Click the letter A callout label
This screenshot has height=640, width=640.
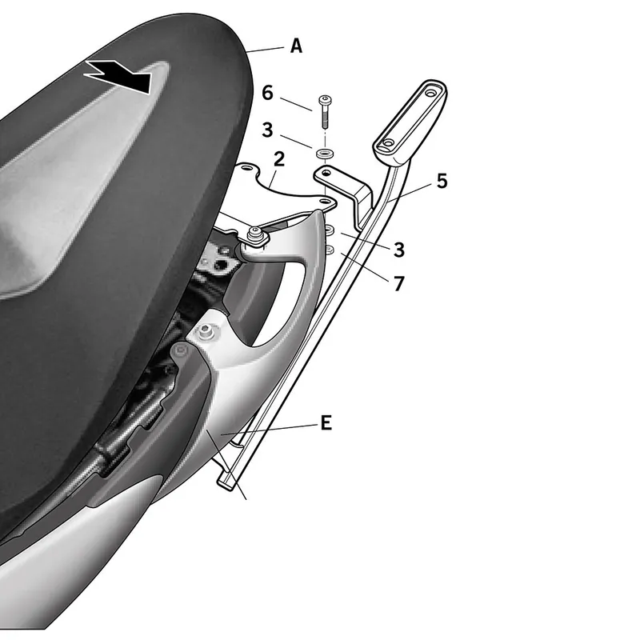[296, 46]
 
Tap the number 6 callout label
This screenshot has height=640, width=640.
[267, 93]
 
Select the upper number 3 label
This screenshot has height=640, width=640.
[267, 130]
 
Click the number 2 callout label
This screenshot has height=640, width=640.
[279, 158]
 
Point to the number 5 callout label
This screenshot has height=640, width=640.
[442, 181]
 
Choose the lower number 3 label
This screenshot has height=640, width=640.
[398, 250]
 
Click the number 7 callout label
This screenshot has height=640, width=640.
[398, 283]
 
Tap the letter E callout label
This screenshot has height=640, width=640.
[326, 423]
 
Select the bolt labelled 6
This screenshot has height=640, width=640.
[325, 111]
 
